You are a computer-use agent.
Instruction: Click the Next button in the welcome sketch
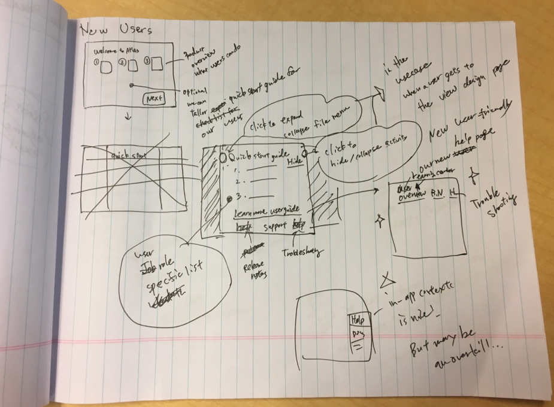153,98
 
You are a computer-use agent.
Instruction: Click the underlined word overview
412,195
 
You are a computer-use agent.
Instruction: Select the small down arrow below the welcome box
128,117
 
